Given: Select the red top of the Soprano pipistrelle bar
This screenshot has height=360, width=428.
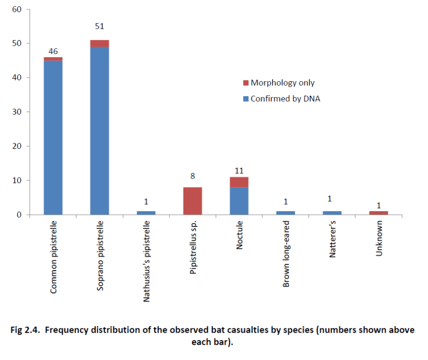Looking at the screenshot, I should [99, 44].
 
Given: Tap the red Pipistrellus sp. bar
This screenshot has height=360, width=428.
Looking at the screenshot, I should [192, 201].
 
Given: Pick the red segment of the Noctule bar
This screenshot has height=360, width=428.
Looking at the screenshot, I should [239, 182].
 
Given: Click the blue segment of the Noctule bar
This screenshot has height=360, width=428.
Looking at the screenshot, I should [239, 201].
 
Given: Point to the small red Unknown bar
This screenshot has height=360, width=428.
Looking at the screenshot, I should [378, 213].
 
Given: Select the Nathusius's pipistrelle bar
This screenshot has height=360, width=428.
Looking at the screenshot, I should [146, 213].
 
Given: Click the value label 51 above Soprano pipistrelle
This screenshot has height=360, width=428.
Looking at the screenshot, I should [99, 26].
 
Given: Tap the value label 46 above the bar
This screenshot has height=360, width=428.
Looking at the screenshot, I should [53, 51].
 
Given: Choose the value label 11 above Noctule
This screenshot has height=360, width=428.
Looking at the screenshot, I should [239, 171].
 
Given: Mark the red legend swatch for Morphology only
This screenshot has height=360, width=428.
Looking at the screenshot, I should [245, 83].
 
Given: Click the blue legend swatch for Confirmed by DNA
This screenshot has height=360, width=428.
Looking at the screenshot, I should [245, 99].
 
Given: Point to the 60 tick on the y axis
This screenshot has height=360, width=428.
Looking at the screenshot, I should [18, 9].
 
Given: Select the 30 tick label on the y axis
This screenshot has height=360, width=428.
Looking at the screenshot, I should [18, 112].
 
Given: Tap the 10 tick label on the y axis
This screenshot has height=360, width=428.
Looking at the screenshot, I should [18, 180].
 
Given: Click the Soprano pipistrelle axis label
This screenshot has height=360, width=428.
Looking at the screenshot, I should [100, 257].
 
